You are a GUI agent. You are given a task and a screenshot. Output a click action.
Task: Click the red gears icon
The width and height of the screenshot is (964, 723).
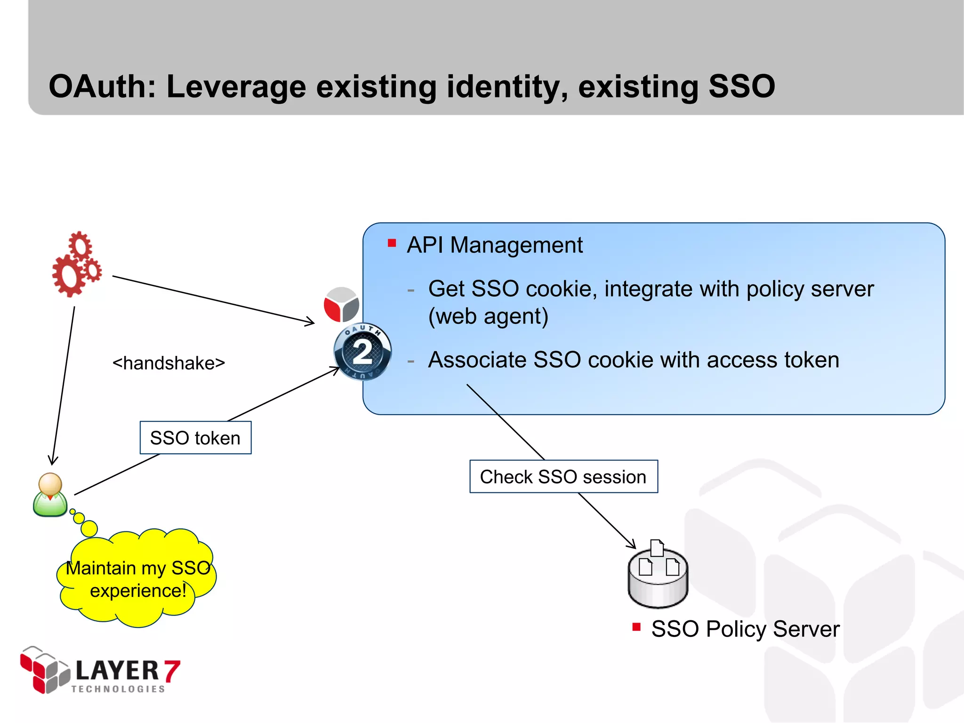(x=76, y=265)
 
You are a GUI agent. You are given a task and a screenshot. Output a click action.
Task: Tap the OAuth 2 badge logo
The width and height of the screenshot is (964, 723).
(x=362, y=352)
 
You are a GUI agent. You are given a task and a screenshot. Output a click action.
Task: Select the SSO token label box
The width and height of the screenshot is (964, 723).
(x=195, y=438)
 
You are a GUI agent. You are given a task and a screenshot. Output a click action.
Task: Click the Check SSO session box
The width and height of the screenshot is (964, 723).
(x=563, y=477)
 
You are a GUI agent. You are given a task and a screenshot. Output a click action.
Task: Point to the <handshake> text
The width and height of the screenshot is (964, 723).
(x=169, y=363)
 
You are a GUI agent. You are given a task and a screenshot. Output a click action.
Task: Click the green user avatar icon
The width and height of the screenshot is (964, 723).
(x=50, y=495)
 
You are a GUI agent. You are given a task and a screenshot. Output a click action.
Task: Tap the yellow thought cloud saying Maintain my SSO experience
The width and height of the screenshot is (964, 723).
(x=137, y=579)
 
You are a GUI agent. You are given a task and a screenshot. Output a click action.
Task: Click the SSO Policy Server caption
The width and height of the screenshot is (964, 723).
(x=745, y=629)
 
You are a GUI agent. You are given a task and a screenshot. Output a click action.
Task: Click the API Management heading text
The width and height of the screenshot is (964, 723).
(x=495, y=245)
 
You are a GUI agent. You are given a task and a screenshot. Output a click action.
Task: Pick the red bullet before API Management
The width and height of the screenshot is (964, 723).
(x=392, y=243)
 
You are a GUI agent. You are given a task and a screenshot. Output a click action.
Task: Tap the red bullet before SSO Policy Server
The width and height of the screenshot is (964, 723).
(x=636, y=627)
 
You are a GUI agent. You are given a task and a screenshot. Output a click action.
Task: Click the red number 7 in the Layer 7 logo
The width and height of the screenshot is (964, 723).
(x=172, y=671)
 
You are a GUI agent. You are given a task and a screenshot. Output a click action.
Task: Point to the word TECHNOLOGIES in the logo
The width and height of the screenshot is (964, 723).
(x=118, y=689)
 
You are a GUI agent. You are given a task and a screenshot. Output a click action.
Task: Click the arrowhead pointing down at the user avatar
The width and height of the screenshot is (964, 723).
(x=53, y=460)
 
